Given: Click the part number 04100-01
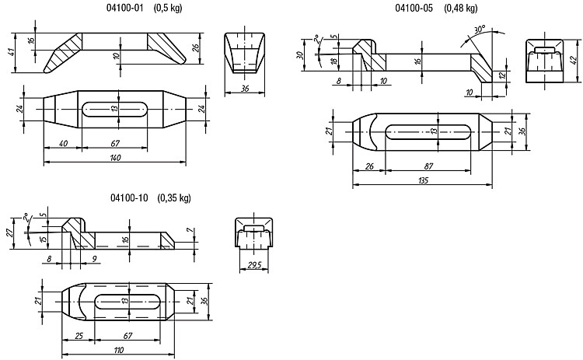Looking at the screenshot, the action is pyautogui.click(x=124, y=9).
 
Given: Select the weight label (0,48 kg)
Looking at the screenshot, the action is pyautogui.click(x=461, y=9).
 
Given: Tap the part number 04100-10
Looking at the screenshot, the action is pyautogui.click(x=129, y=197).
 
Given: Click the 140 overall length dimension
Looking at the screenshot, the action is pyautogui.click(x=115, y=158).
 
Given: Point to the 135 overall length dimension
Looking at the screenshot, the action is pyautogui.click(x=423, y=180).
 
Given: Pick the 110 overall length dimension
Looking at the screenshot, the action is pyautogui.click(x=118, y=350).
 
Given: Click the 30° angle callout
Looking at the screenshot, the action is pyautogui.click(x=480, y=29).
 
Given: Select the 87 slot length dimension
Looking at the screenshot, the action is pyautogui.click(x=428, y=166).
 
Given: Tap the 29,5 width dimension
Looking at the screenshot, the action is pyautogui.click(x=254, y=265).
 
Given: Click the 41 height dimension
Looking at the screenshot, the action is pyautogui.click(x=12, y=52).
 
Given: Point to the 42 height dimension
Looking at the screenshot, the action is pyautogui.click(x=574, y=60).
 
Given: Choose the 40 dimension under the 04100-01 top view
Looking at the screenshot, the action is pyautogui.click(x=63, y=143).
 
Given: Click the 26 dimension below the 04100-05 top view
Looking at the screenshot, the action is pyautogui.click(x=369, y=166).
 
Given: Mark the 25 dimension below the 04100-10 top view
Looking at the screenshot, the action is pyautogui.click(x=79, y=336).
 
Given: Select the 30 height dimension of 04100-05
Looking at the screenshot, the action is pyautogui.click(x=300, y=55).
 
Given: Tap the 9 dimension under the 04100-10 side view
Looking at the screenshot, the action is pyautogui.click(x=94, y=258).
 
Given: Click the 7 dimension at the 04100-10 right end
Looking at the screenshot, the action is pyautogui.click(x=190, y=232).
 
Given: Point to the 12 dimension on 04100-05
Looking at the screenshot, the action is pyautogui.click(x=502, y=75).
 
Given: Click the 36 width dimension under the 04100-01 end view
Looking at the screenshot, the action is pyautogui.click(x=245, y=89).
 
